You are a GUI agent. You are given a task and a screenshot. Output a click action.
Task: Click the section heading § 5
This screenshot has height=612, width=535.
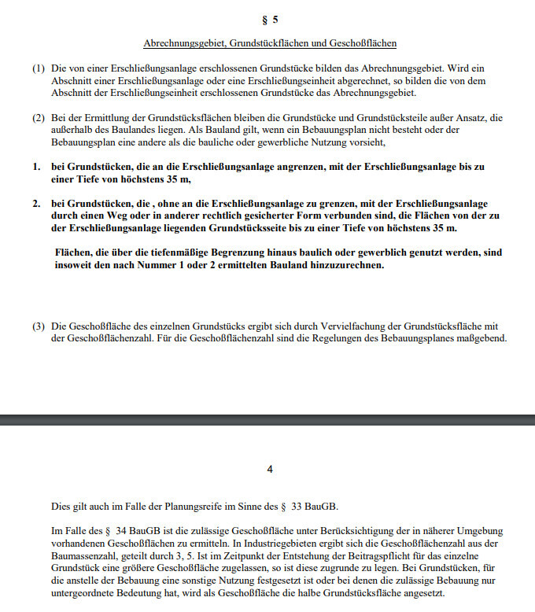[x=269, y=19]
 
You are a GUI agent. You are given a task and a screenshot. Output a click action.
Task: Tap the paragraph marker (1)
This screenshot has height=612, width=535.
[x=39, y=68]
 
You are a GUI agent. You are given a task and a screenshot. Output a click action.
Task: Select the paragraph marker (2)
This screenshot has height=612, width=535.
[x=39, y=118]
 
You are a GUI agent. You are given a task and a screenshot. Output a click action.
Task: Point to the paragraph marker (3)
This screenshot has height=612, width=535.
[x=39, y=326]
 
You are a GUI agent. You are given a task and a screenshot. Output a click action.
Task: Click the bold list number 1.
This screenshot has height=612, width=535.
[x=35, y=168]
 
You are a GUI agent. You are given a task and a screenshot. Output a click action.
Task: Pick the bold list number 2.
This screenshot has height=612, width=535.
[x=35, y=204]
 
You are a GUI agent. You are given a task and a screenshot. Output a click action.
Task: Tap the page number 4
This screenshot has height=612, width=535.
[x=270, y=470]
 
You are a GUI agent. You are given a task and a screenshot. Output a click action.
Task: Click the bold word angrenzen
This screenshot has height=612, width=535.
[x=301, y=168]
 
